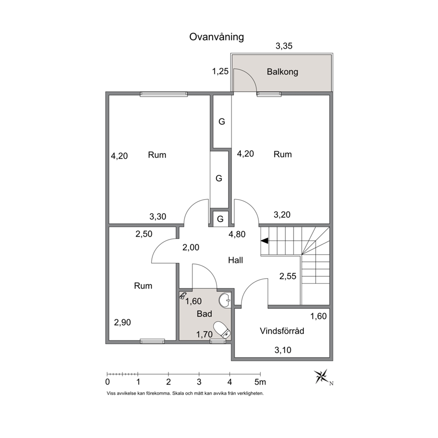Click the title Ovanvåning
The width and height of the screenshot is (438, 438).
click(216, 37)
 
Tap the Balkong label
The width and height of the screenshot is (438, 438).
click(283, 72)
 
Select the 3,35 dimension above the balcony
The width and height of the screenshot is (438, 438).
click(284, 46)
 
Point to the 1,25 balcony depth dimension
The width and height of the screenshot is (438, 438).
click(220, 72)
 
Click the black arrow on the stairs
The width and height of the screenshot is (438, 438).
click(264, 241)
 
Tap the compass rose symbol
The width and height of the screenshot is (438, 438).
click(321, 377)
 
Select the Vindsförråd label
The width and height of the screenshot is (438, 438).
click(282, 331)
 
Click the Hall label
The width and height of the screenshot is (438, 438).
click(235, 261)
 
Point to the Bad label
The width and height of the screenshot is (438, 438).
click(204, 313)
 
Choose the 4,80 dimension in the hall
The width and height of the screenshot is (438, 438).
click(237, 234)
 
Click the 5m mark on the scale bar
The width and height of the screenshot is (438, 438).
click(260, 382)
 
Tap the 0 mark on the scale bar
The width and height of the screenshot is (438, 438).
click(107, 382)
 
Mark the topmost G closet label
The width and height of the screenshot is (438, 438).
click(222, 121)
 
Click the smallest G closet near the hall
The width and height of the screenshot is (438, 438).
click(220, 219)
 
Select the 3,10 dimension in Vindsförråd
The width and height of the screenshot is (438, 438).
click(283, 350)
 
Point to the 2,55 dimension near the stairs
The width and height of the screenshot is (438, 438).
click(288, 276)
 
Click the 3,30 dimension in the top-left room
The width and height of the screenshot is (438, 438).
click(158, 216)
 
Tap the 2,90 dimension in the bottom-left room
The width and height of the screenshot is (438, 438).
click(122, 323)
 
